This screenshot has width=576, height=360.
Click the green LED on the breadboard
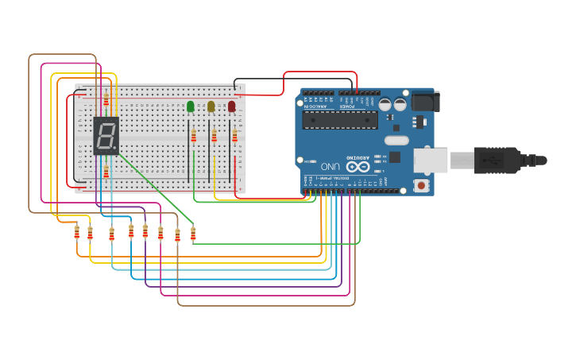(190, 106)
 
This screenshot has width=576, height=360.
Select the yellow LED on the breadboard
(211, 106)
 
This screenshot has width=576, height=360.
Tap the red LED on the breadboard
(231, 106)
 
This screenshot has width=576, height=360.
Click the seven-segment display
(106, 136)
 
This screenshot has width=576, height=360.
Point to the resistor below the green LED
(193, 137)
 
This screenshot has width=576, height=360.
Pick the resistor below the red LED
(234, 136)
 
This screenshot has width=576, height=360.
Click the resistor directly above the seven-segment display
(106, 99)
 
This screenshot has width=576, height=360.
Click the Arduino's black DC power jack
(423, 101)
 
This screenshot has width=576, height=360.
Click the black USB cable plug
(498, 160)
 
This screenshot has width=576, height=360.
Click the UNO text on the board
(331, 166)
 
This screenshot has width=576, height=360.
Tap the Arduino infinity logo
(357, 166)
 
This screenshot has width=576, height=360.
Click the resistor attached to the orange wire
(77, 232)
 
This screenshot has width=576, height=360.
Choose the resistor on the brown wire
(177, 235)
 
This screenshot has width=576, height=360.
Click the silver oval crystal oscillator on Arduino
(396, 141)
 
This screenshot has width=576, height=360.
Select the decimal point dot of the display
(118, 152)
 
